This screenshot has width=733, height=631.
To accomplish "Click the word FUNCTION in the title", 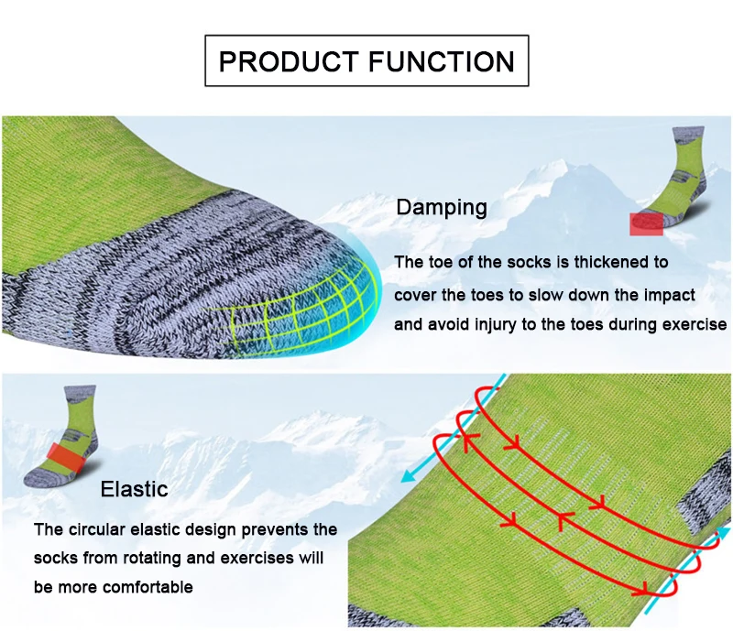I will click(441, 61).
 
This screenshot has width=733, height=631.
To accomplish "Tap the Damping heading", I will click(442, 207).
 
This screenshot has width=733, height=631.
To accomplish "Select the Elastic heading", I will click(134, 488).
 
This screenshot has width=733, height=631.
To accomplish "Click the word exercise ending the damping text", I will click(696, 324).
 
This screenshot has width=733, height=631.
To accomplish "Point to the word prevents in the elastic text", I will click(273, 529).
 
